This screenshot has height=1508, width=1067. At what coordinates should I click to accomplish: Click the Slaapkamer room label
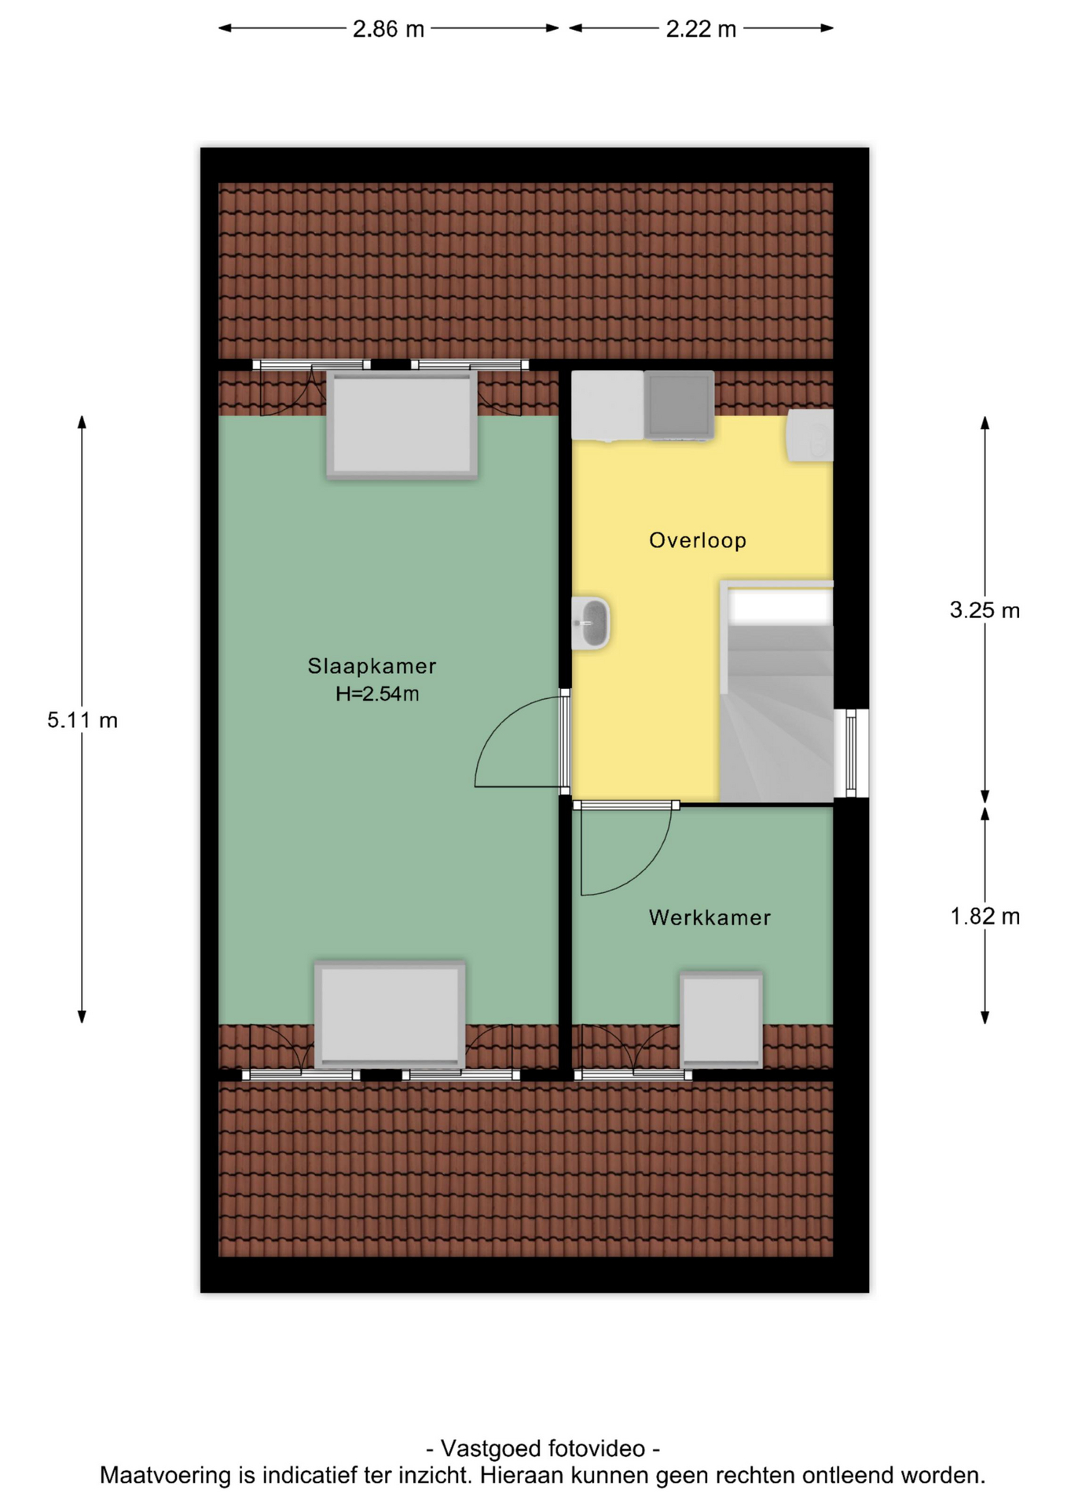[372, 666]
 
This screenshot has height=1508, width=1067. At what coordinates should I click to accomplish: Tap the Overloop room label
[698, 540]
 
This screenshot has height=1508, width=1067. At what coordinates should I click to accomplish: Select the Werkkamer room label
[709, 917]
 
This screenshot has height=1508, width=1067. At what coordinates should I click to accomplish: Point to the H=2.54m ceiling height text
[377, 694]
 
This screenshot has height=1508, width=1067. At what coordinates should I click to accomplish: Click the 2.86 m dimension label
[388, 29]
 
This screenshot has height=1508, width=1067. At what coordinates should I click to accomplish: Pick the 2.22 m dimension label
[701, 29]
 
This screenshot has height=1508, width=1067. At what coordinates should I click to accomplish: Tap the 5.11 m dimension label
[82, 720]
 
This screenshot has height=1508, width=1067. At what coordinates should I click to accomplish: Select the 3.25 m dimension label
[984, 610]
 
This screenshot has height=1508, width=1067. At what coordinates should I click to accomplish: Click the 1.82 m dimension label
[985, 917]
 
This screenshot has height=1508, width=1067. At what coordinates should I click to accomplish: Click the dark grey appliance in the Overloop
[679, 405]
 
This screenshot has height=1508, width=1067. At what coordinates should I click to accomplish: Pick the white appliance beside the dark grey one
[607, 405]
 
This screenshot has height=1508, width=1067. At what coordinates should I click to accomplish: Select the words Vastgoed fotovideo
[543, 1448]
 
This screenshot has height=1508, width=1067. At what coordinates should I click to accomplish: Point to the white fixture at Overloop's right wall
[810, 436]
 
